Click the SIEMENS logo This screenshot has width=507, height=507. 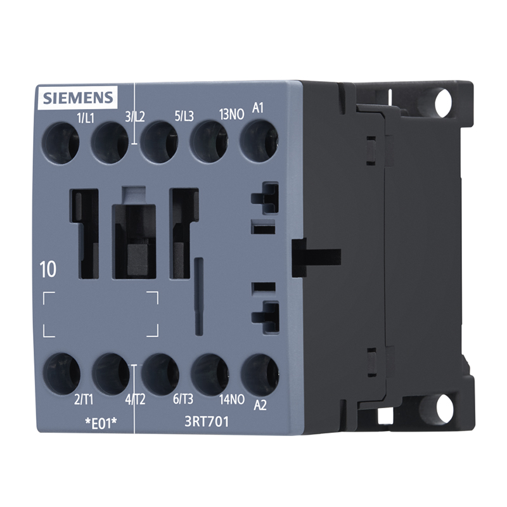pos(78,98)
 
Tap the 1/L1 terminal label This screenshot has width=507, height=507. pos(86,119)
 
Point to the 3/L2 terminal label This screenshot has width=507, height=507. pos(135,117)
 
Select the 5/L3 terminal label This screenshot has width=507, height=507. pos(184,116)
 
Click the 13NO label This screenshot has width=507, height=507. pos(231,114)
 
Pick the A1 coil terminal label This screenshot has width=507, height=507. pos(258,108)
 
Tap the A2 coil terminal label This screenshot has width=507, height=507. pos(260,405)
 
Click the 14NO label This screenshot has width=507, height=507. pos(232,400)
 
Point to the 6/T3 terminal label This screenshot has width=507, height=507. pos(183,399)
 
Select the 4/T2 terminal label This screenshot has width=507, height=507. pos(135,400)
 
